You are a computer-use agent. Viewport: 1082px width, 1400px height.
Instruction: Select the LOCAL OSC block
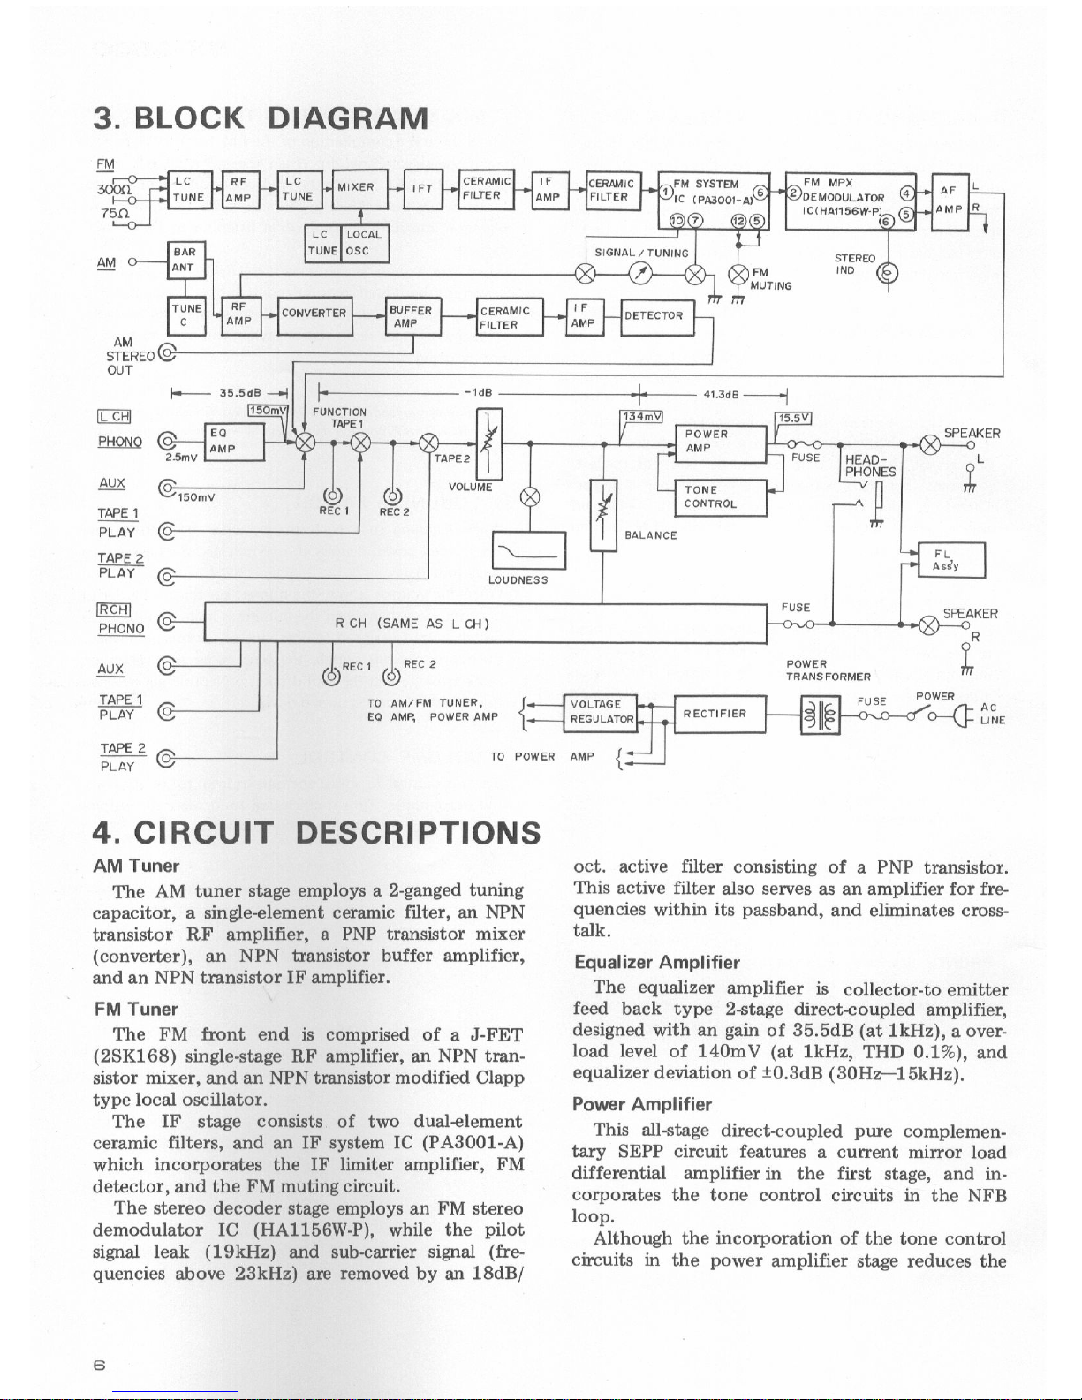point(364,242)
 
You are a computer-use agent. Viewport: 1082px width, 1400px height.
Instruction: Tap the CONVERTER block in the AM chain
point(314,314)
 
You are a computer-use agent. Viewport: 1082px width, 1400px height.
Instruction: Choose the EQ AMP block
point(233,442)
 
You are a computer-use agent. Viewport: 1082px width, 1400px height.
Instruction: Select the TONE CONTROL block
point(720,497)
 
